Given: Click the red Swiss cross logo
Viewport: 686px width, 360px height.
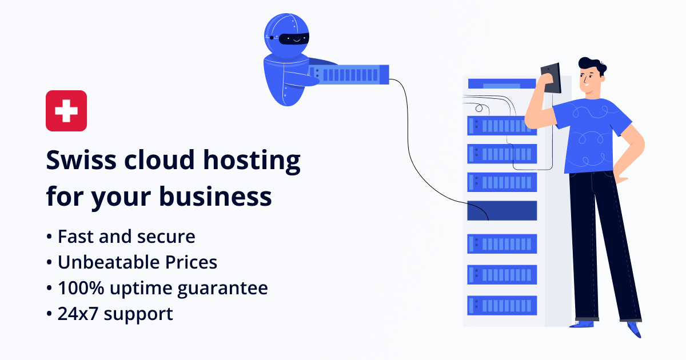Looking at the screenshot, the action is pyautogui.click(x=66, y=111).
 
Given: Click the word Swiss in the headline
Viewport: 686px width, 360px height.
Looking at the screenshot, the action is pyautogui.click(x=81, y=160).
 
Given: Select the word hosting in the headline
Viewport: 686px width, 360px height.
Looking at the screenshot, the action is pyautogui.click(x=252, y=161).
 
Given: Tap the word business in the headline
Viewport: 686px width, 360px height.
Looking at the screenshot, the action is pyautogui.click(x=216, y=197).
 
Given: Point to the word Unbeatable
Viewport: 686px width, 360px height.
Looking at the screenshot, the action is pyautogui.click(x=109, y=262).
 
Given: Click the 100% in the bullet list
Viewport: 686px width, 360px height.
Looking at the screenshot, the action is pyautogui.click(x=81, y=288).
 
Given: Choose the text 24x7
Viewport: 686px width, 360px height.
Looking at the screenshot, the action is pyautogui.click(x=78, y=314).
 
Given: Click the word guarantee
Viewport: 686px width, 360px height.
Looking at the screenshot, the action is pyautogui.click(x=222, y=289).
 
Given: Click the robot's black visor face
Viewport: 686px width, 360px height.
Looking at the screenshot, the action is pyautogui.click(x=294, y=39).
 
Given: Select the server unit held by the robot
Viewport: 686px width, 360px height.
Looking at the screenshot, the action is pyautogui.click(x=349, y=75).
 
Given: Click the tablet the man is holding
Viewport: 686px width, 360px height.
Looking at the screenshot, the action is pyautogui.click(x=551, y=78).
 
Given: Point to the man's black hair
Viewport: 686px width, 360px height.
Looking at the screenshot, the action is pyautogui.click(x=592, y=65).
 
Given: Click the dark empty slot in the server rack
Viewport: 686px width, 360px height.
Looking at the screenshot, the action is pyautogui.click(x=502, y=211).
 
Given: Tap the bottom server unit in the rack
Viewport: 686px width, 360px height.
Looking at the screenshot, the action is pyautogui.click(x=502, y=305).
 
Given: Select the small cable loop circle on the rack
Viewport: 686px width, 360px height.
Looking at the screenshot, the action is pyautogui.click(x=479, y=108).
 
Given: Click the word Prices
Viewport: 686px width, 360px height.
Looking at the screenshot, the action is pyautogui.click(x=191, y=262).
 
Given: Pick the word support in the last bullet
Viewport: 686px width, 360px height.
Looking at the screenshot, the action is pyautogui.click(x=138, y=315).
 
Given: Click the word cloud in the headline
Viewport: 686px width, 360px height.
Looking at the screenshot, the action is pyautogui.click(x=159, y=160).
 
